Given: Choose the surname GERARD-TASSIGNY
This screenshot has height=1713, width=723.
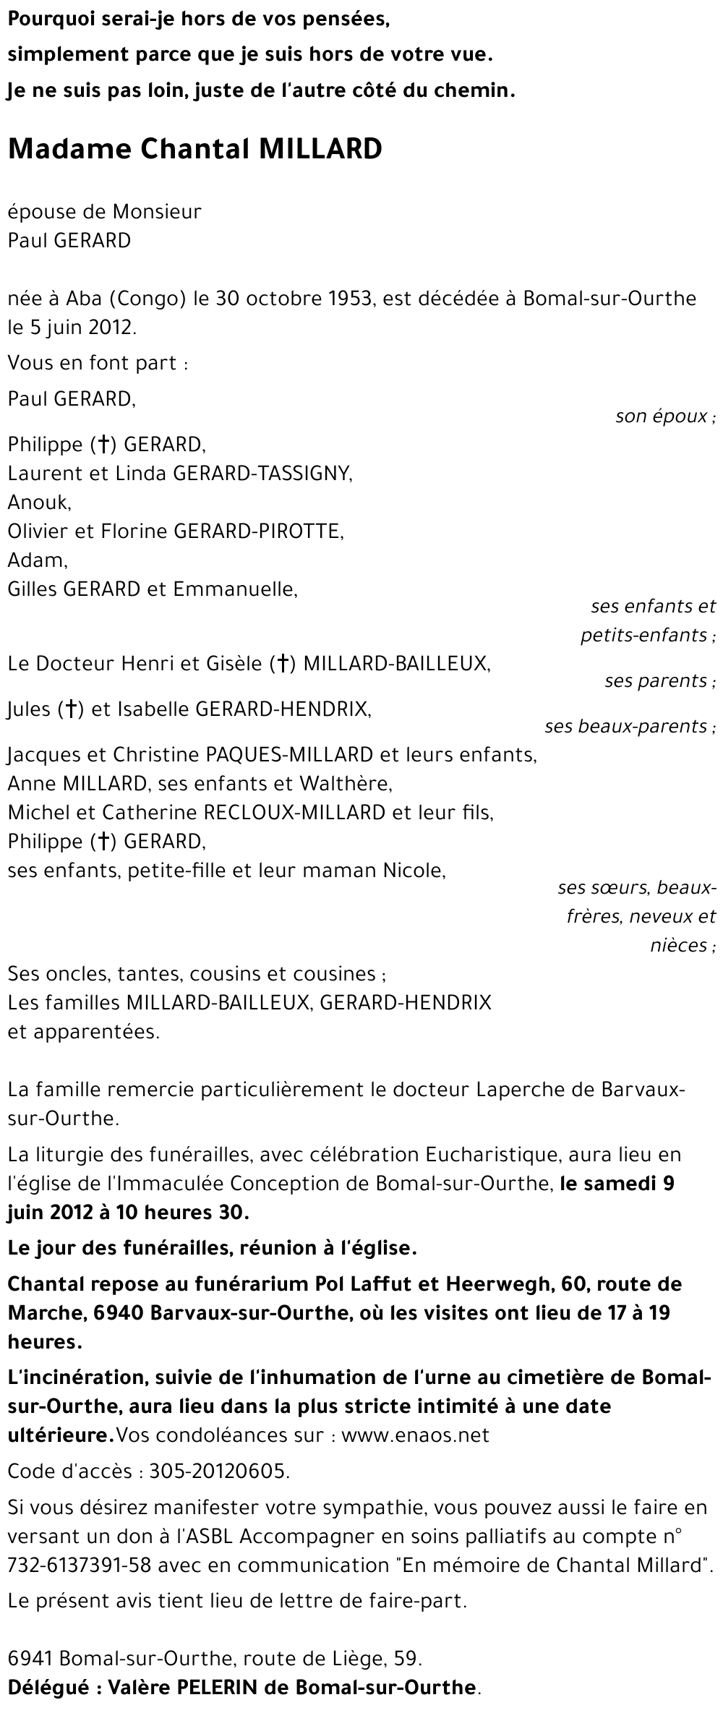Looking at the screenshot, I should coord(262,473).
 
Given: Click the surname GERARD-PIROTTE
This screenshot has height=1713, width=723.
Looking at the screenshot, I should coord(258,531).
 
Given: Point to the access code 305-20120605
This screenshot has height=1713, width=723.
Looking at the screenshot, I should coord(218,1471).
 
